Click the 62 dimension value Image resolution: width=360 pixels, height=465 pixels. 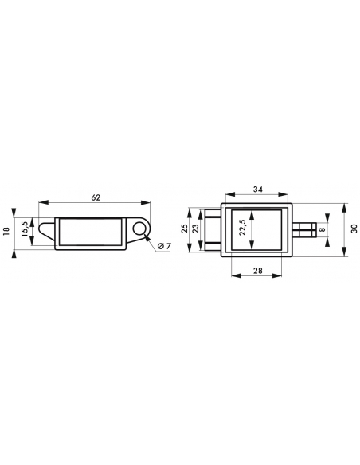click(96, 197)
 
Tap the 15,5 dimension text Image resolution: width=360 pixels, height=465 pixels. click(25, 229)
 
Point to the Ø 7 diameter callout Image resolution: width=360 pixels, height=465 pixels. click(164, 246)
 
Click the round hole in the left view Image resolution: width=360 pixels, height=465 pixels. click(139, 229)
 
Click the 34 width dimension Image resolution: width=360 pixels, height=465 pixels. click(258, 189)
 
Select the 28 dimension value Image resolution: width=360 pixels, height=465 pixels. click(257, 270)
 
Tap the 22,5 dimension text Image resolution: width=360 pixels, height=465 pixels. click(242, 227)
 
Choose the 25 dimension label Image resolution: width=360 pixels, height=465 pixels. click(185, 229)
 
